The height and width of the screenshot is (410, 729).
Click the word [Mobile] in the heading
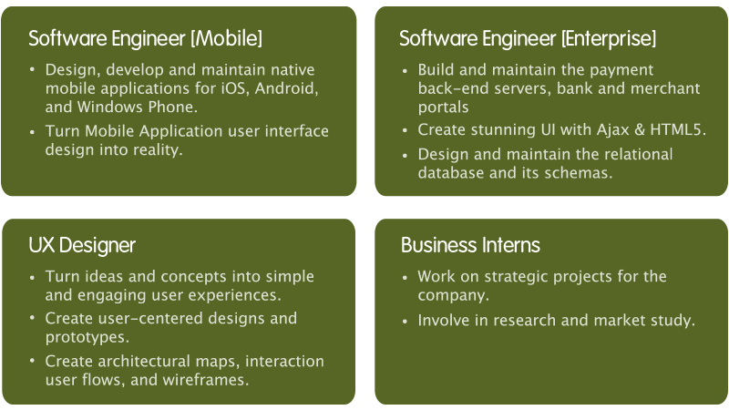coord(226,38)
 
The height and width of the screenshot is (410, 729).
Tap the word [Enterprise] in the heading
coord(609,38)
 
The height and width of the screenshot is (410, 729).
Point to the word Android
coord(286,88)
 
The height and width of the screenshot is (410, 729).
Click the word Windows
coord(110,107)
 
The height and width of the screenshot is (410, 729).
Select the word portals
coord(443,108)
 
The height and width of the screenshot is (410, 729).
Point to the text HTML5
coord(678,129)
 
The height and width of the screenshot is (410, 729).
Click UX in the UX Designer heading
coord(41,245)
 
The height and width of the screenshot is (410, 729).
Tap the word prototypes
coord(87,337)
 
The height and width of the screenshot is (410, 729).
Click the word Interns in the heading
coord(511,245)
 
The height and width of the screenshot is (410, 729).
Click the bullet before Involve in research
coord(405,322)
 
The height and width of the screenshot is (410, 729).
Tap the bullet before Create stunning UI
coord(405,130)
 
